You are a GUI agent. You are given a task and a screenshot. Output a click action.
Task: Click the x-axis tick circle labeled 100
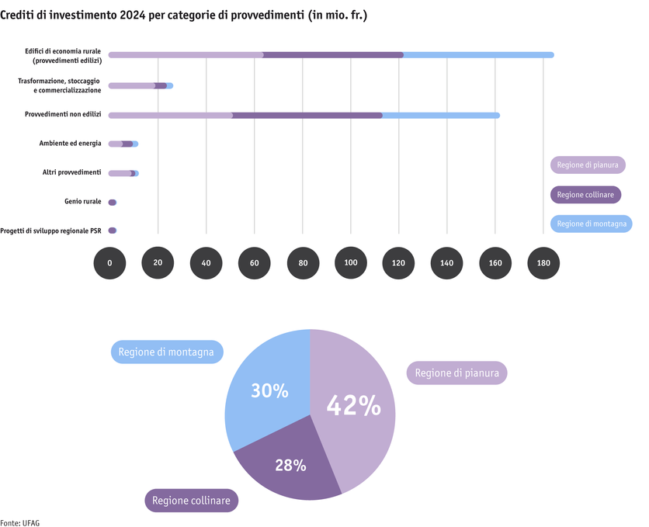(x=351, y=263)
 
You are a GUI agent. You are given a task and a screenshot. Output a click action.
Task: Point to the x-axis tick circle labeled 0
(x=109, y=263)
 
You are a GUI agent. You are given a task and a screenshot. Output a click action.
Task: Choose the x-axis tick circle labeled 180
(x=543, y=263)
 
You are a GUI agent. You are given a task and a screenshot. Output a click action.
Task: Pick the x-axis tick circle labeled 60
(x=255, y=263)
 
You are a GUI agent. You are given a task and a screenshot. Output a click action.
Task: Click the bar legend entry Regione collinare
(x=586, y=194)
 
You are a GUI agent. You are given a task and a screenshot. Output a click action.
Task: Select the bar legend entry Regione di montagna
(x=592, y=224)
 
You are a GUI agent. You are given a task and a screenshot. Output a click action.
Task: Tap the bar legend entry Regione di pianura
(x=588, y=165)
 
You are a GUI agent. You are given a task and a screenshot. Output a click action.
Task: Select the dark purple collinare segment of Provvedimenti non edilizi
(x=307, y=116)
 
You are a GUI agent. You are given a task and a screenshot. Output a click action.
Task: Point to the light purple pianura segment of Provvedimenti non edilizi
(x=171, y=116)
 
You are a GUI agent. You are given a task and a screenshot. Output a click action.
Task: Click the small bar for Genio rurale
(x=113, y=203)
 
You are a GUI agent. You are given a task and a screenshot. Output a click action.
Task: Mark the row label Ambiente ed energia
(x=70, y=144)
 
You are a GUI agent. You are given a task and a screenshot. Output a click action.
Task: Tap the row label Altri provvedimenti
(x=71, y=172)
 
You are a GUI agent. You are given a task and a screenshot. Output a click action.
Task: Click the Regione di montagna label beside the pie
(x=168, y=352)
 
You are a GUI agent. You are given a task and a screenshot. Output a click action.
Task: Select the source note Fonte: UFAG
(x=20, y=522)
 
